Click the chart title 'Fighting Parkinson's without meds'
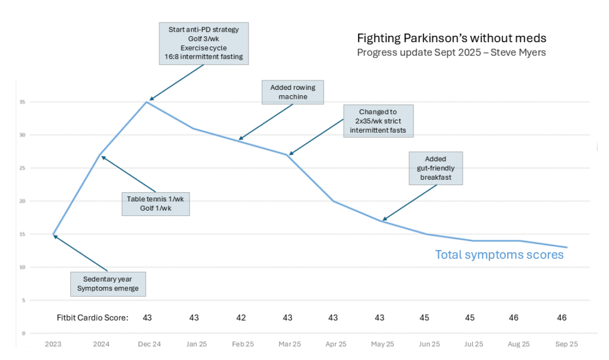(451, 38)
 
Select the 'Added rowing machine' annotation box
(293, 92)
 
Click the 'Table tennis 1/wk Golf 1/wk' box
(155, 203)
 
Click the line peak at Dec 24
(146, 102)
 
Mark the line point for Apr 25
(333, 201)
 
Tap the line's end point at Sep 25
(567, 248)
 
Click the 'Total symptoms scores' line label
(499, 255)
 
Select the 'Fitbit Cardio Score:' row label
(89, 318)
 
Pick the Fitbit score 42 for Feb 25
(240, 318)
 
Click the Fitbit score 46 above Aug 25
(514, 318)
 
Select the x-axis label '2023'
(53, 345)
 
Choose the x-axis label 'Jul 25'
(473, 345)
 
